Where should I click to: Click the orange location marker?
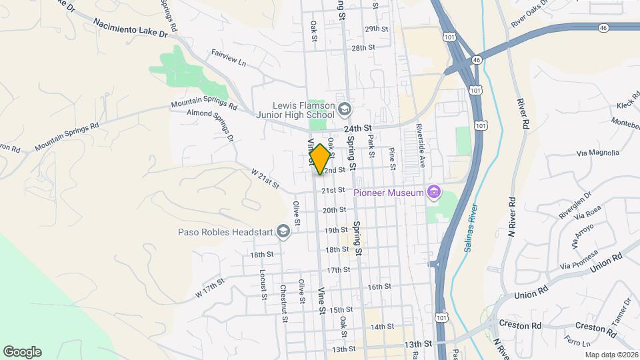[320, 159]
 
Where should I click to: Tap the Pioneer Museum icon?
[434, 193]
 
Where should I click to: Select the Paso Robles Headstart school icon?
[283, 232]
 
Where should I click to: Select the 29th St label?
[376, 29]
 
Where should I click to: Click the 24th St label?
[356, 129]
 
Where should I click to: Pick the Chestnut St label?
[284, 303]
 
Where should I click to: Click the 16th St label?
[378, 287]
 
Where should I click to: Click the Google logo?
[22, 351]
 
